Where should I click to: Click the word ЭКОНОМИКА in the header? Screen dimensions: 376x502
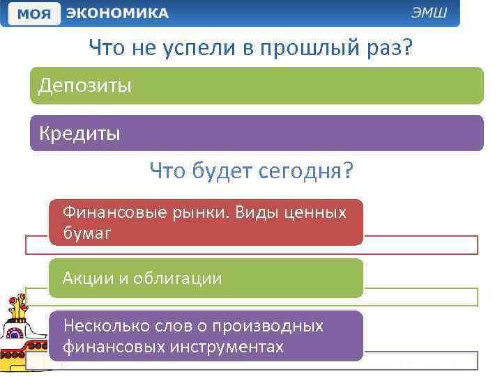point(118,13)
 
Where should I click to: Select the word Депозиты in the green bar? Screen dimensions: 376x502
point(84,86)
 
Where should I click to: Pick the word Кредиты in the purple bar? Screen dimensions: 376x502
point(79,133)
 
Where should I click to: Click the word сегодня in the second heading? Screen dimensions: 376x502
point(305,171)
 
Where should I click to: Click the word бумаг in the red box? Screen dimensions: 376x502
point(86,233)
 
